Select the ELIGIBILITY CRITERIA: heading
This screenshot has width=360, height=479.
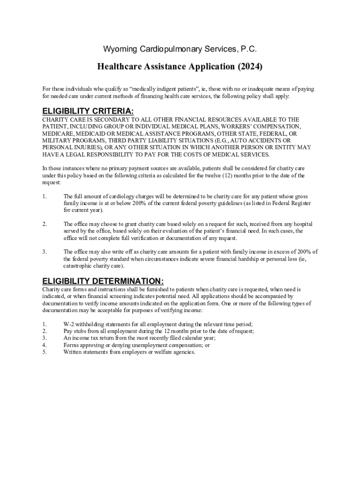(88, 111)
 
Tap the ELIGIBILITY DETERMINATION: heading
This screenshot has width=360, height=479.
(103, 281)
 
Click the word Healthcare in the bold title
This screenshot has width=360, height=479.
(121, 67)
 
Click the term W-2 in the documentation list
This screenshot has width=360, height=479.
(69, 324)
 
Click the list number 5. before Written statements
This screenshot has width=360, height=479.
(44, 352)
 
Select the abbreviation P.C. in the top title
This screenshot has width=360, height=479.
(249, 49)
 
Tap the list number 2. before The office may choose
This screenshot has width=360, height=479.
(44, 224)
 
